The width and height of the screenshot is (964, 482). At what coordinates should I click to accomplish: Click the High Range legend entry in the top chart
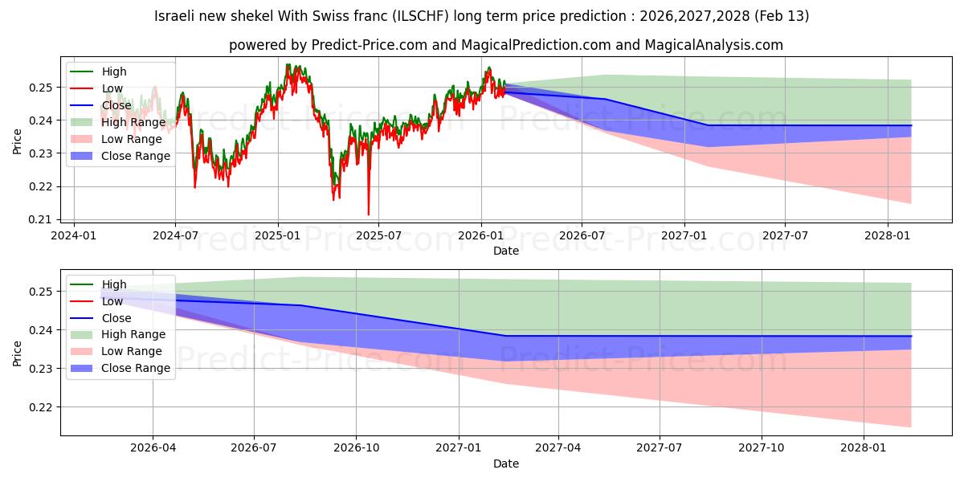pos(133,122)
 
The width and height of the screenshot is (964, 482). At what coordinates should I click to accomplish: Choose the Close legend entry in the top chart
pos(116,105)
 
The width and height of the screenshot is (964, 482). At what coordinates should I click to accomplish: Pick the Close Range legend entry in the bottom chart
pos(136,368)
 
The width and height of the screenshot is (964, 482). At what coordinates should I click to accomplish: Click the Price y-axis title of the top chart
pos(18,141)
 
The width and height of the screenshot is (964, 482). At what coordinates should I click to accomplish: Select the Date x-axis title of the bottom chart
pos(506,464)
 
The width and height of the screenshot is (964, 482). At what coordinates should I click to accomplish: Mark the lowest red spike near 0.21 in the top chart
pos(369,214)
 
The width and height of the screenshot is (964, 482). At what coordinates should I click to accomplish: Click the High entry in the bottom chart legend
pos(114,284)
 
